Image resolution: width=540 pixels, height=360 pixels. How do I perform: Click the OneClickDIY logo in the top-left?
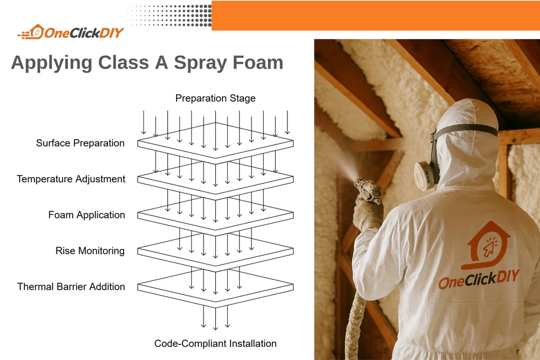coord(71,33)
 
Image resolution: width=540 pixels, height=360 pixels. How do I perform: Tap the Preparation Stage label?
coord(215,98)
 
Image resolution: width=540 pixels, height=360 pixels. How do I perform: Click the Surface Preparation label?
coord(80,143)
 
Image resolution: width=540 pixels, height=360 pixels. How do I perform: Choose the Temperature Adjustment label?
coord(71,179)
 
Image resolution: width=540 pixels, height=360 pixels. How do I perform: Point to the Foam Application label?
coord(86,215)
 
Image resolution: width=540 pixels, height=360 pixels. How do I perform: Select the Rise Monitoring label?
coord(90,250)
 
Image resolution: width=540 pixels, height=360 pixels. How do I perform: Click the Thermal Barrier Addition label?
coord(71,286)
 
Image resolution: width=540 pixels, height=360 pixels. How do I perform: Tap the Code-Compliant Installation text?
coord(215,343)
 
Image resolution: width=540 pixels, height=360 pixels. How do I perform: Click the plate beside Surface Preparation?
coord(215,140)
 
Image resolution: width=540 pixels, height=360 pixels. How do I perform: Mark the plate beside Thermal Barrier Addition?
coord(215,288)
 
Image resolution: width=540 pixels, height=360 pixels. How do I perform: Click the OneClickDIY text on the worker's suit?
coord(478,279)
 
